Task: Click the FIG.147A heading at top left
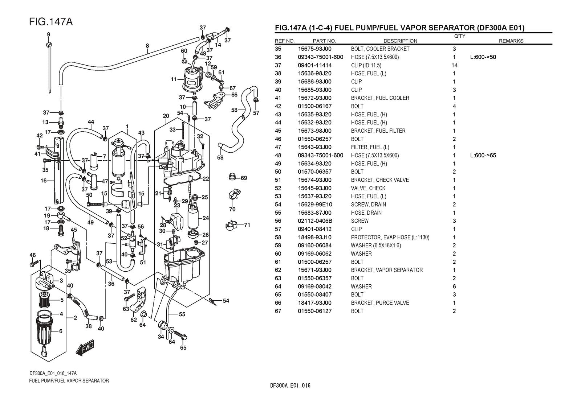(x=51, y=22)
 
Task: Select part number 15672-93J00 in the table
(x=314, y=98)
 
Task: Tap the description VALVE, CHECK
(x=368, y=188)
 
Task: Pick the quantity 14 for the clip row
(x=454, y=65)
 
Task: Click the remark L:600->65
(x=483, y=156)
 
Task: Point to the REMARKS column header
(x=511, y=41)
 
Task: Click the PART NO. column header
(x=324, y=41)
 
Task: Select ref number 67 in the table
(x=278, y=311)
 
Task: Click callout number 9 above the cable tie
(x=48, y=34)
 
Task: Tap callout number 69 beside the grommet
(x=244, y=178)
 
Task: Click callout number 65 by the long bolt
(x=183, y=348)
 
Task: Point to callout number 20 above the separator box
(x=166, y=116)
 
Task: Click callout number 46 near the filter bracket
(x=33, y=255)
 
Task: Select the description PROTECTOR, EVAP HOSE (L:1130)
(x=390, y=238)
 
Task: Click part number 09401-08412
(x=314, y=229)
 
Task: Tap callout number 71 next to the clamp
(x=247, y=225)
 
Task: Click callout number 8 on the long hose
(x=147, y=46)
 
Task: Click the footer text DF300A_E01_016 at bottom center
(x=290, y=386)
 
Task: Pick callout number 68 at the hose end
(x=220, y=157)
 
